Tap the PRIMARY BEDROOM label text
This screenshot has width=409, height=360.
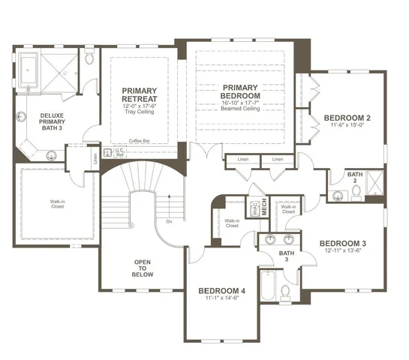coord(240,91)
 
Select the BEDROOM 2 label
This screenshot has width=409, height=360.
coord(347,118)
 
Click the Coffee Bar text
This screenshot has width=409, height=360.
coord(139,141)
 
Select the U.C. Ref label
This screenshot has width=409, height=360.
coord(119,151)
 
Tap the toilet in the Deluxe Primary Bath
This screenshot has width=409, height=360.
coord(89,58)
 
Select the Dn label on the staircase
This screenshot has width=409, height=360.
coord(170,222)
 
